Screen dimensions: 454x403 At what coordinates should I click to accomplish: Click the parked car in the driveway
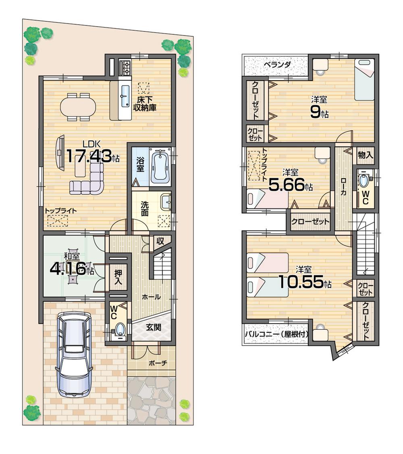pyautogui.click(x=75, y=354)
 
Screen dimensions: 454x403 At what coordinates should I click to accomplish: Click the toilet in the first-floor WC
pyautogui.click(x=120, y=328)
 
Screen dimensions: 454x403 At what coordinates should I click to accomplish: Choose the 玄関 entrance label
pyautogui.click(x=154, y=327)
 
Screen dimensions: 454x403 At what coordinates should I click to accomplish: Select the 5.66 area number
pyautogui.click(x=286, y=185)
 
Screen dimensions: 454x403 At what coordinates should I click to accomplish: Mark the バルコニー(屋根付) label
pyautogui.click(x=276, y=334)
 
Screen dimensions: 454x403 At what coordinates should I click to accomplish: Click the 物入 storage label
pyautogui.click(x=366, y=154)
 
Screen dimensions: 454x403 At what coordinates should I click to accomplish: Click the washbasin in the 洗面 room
pyautogui.click(x=166, y=202)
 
